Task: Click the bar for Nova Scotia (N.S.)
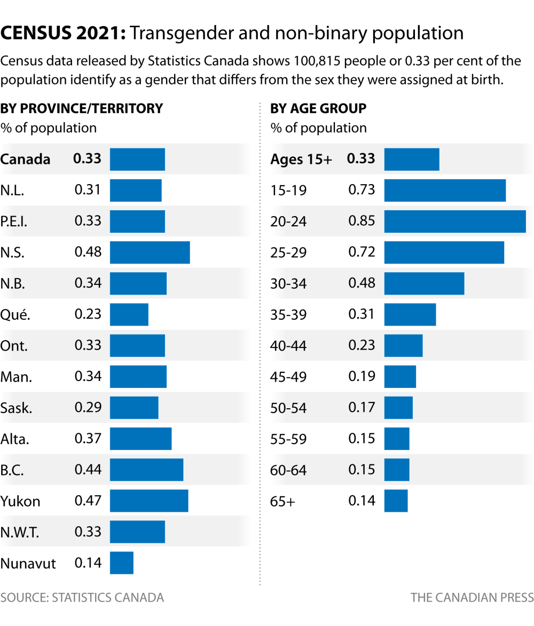click(x=150, y=252)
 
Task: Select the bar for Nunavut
click(x=121, y=563)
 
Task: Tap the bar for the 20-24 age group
click(x=455, y=221)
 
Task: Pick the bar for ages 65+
click(x=396, y=501)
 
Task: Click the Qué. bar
click(x=129, y=314)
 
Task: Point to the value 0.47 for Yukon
click(x=88, y=501)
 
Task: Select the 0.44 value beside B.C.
click(x=88, y=470)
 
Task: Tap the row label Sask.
click(x=17, y=408)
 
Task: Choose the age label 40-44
click(x=288, y=346)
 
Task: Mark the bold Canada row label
click(x=25, y=159)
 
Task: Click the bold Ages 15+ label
click(x=301, y=159)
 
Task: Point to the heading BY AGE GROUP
click(x=318, y=109)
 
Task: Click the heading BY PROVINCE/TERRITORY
click(x=82, y=109)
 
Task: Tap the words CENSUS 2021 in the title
click(x=63, y=33)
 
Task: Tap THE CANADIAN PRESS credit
click(x=472, y=597)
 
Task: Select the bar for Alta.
click(x=140, y=439)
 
